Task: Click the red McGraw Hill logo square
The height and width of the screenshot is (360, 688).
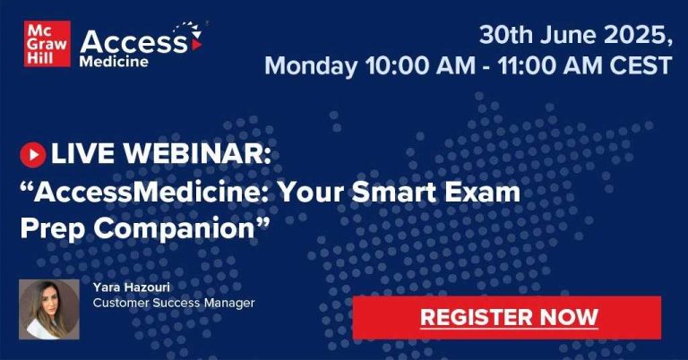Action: pyautogui.click(x=47, y=44)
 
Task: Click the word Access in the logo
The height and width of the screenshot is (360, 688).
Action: pyautogui.click(x=133, y=42)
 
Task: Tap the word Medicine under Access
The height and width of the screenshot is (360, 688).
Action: pyautogui.click(x=114, y=62)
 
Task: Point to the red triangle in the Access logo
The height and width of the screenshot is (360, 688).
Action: pyautogui.click(x=196, y=45)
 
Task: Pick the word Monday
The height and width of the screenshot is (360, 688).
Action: pyautogui.click(x=311, y=66)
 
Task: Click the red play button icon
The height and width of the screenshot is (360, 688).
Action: pyautogui.click(x=33, y=155)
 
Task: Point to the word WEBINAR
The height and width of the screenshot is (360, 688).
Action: pyautogui.click(x=197, y=154)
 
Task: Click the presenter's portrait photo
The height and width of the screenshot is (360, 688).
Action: pyautogui.click(x=49, y=310)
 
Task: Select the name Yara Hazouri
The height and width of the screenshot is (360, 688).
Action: pyautogui.click(x=131, y=287)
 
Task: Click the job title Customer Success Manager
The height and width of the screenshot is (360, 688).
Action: pyautogui.click(x=174, y=303)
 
